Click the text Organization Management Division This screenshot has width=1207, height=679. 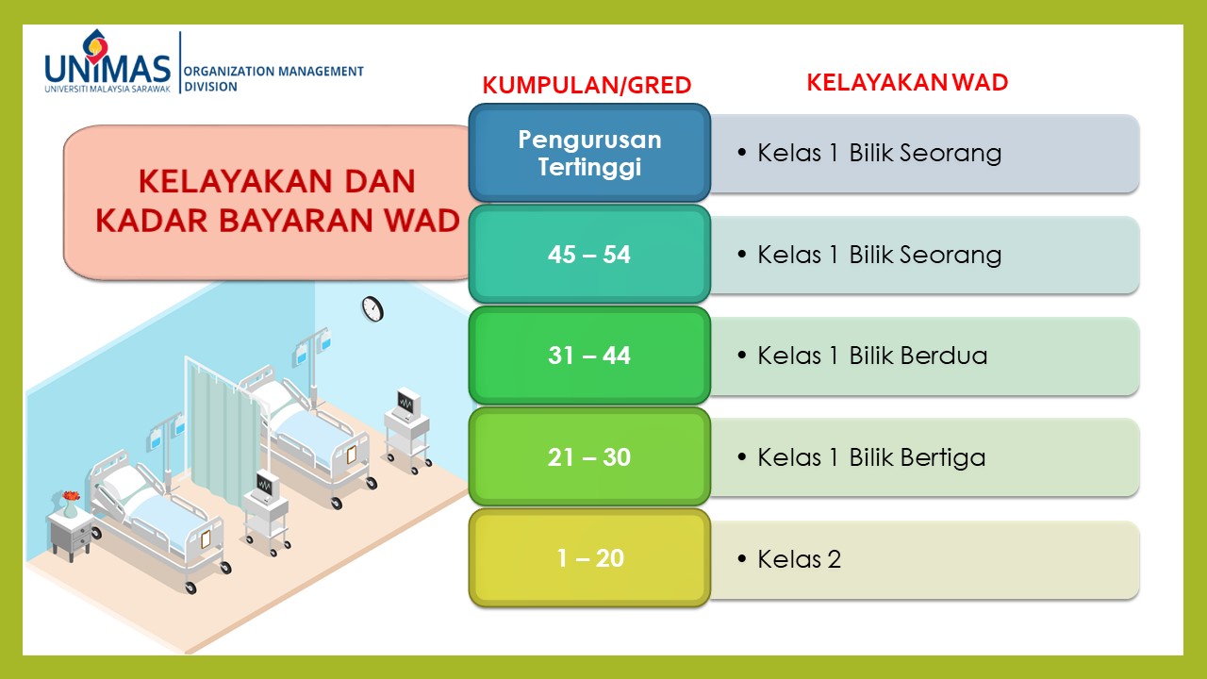click(273, 78)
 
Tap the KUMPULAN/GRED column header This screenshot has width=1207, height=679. click(587, 85)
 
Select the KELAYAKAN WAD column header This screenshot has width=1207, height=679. click(907, 82)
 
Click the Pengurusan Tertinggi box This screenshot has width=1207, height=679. click(589, 153)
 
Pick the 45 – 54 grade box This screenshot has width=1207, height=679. click(589, 254)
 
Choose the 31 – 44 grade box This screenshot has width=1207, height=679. click(589, 356)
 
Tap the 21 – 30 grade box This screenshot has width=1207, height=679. click(589, 456)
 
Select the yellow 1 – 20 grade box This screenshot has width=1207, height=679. click(589, 557)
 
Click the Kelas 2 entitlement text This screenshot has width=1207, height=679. click(799, 559)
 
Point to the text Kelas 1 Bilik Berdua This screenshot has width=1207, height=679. click(872, 356)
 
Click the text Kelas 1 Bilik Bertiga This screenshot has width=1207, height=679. click(871, 457)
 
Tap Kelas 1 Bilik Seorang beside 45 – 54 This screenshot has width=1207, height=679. click(880, 255)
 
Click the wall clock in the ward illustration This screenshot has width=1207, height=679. click(372, 309)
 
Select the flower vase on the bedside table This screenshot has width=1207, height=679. click(71, 505)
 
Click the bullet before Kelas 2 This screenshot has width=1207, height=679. click(742, 559)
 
